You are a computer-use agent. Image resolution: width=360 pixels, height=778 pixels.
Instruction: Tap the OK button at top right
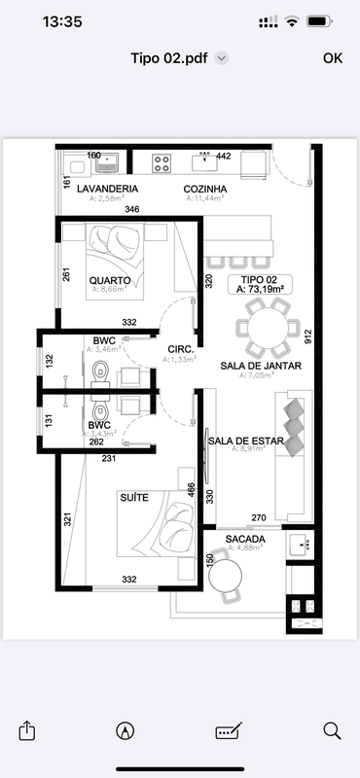pyautogui.click(x=333, y=58)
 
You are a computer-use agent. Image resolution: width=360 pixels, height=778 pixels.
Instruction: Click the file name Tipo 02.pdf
pyautogui.click(x=171, y=58)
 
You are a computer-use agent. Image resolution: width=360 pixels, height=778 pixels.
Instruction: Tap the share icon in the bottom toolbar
pyautogui.click(x=28, y=729)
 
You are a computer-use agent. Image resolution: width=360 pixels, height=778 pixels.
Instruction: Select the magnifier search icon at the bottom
pyautogui.click(x=332, y=729)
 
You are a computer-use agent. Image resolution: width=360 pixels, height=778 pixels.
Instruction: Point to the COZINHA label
pyautogui.click(x=205, y=188)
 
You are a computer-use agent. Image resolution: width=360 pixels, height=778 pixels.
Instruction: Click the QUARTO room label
pyautogui.click(x=110, y=280)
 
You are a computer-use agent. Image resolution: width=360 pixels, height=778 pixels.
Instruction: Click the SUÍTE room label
pyautogui.click(x=134, y=497)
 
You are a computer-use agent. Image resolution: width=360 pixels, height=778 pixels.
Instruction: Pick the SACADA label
pyautogui.click(x=244, y=538)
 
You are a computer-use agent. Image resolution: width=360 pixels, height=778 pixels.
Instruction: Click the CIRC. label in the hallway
pyautogui.click(x=180, y=348)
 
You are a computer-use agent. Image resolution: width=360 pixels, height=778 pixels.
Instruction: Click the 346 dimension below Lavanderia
pyautogui.click(x=132, y=209)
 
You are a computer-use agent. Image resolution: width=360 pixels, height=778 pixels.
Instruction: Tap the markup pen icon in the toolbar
pyautogui.click(x=125, y=729)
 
